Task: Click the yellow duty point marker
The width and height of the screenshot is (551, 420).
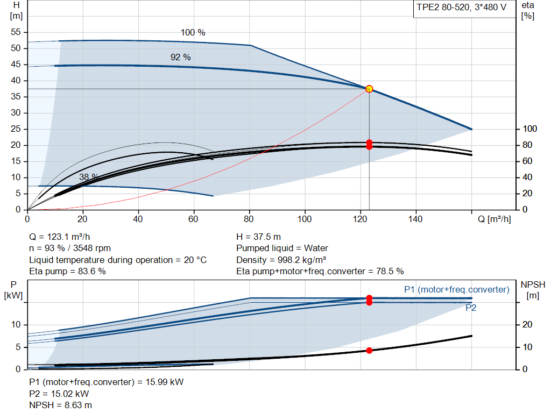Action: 369,89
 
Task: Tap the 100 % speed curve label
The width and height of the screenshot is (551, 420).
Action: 193,33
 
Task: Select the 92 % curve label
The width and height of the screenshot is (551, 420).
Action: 181,57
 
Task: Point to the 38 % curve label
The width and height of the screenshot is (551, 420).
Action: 89,177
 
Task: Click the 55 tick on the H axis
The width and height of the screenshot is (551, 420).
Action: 16,32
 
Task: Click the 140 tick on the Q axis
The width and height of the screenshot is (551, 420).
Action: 415,219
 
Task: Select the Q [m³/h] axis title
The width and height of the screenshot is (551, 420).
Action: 494,219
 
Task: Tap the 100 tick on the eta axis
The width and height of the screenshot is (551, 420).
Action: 530,129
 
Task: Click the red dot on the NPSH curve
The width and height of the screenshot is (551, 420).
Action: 369,351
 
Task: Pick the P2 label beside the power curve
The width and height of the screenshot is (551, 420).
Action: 471,308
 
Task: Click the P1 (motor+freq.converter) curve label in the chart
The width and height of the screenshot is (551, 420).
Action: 456,290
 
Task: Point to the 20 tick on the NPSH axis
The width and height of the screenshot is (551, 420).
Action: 527,324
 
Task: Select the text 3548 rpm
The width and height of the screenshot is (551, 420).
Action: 91,248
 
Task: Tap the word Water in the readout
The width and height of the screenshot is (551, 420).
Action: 316,248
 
